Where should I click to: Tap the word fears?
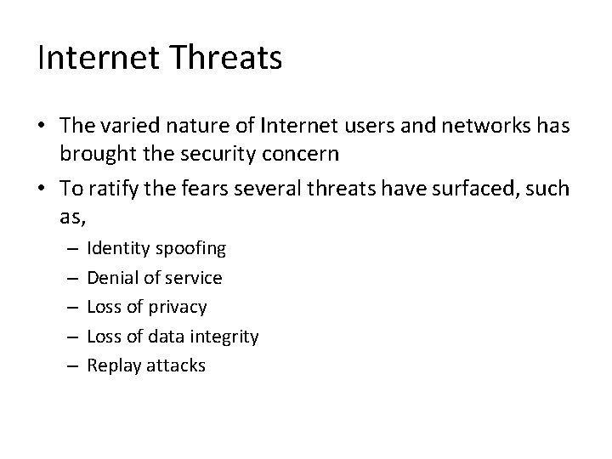tap(195, 188)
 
